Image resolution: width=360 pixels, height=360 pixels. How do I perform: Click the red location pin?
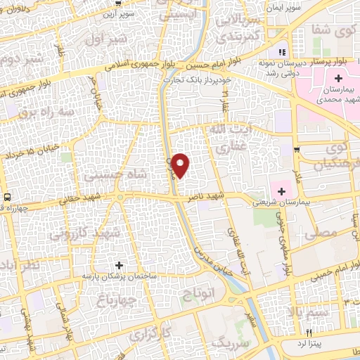[x=181, y=165]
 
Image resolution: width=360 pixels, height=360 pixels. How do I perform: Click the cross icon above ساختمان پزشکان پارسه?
[x=118, y=265]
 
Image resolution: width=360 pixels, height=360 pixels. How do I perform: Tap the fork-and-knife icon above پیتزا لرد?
[x=307, y=330]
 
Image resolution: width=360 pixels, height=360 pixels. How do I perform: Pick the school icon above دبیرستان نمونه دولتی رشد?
[x=282, y=52]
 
